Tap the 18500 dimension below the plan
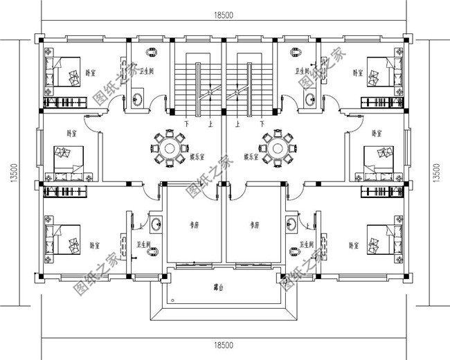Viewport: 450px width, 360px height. pyautogui.click(x=223, y=344)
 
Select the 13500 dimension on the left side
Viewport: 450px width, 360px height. pyautogui.click(x=13, y=170)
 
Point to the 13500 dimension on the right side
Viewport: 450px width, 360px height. pyautogui.click(x=435, y=170)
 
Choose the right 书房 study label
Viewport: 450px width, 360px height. pyautogui.click(x=253, y=225)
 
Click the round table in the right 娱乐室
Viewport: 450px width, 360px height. pyautogui.click(x=278, y=148)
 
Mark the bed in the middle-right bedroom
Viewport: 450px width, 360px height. pyautogui.click(x=378, y=161)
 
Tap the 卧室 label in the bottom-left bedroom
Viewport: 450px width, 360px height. pyautogui.click(x=95, y=245)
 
